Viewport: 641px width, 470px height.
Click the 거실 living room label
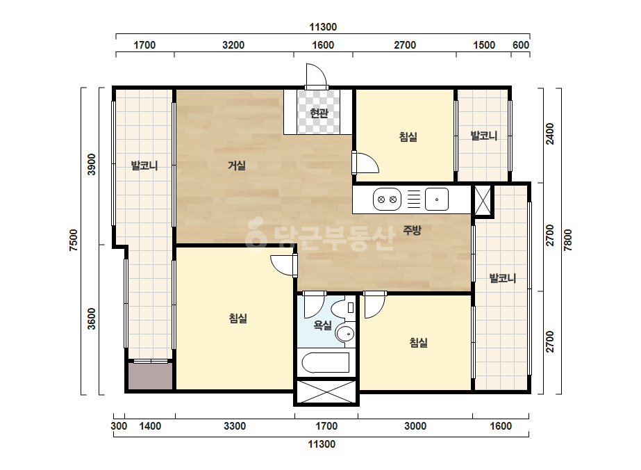click(236, 165)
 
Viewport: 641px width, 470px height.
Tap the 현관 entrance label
click(319, 113)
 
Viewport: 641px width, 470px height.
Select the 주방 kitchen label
click(412, 230)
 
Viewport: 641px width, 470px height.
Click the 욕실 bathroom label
click(322, 325)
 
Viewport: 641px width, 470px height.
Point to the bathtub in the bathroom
click(326, 363)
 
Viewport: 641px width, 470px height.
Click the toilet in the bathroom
click(343, 308)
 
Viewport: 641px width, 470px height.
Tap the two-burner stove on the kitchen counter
click(387, 200)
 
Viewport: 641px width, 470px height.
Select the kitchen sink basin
click(437, 200)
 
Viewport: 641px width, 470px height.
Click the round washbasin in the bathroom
click(345, 334)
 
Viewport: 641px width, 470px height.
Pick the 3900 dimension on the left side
click(92, 164)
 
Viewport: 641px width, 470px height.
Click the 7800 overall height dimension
click(568, 241)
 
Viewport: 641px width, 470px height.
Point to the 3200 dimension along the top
click(233, 45)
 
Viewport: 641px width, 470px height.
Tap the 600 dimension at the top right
click(521, 45)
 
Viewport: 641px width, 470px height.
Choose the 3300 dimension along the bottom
click(235, 426)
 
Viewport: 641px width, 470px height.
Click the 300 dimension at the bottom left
click(119, 426)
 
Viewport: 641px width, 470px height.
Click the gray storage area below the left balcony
click(151, 376)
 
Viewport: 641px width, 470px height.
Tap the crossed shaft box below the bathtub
click(326, 392)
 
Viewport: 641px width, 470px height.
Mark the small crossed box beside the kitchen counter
click(483, 200)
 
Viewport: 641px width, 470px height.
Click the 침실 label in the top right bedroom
click(408, 137)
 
